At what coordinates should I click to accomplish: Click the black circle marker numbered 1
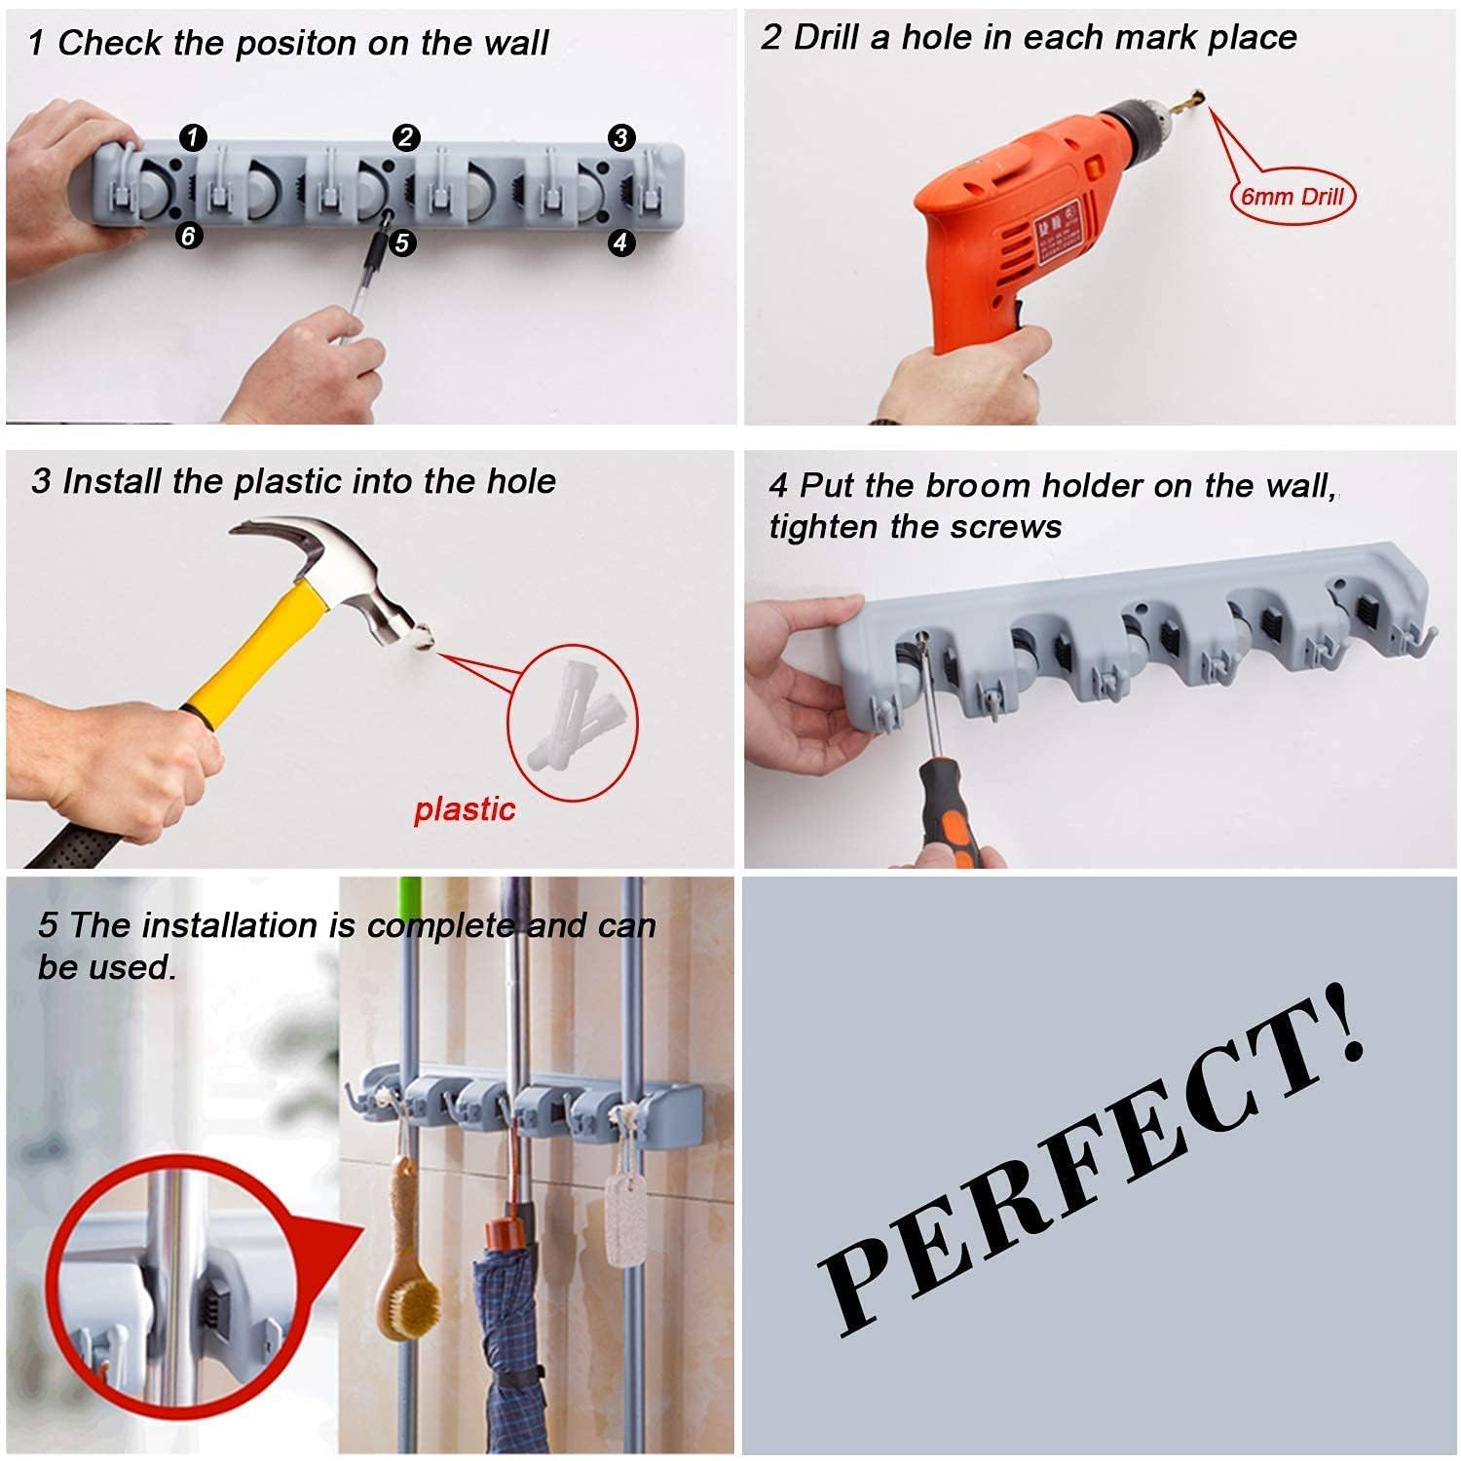coord(193,137)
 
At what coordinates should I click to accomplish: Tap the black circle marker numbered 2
coord(406,137)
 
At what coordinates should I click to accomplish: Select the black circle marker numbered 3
coord(620,137)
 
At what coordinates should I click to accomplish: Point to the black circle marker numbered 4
coord(620,242)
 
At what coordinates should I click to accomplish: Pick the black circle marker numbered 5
coord(402,243)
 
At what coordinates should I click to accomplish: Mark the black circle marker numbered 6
coord(189,235)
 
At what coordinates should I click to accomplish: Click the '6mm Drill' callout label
coord(1292,197)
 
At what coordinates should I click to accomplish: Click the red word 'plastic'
coord(465,809)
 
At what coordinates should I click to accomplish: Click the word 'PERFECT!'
coord(1091,1169)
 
